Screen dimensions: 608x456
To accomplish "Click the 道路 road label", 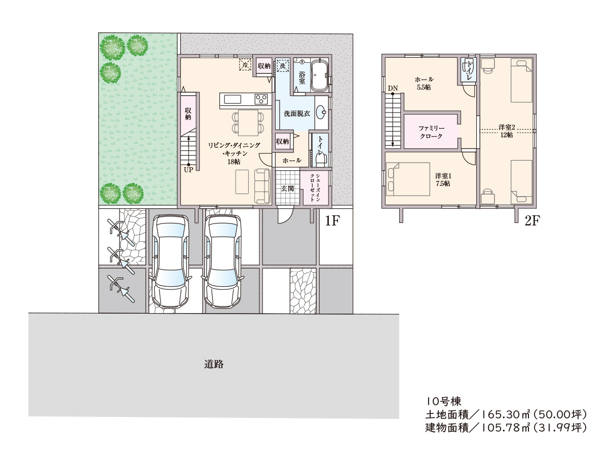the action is (214, 364).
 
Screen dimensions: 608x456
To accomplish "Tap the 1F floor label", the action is (332, 221).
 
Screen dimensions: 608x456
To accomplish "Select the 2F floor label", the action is (532, 221).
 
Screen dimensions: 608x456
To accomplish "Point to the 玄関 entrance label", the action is (287, 188).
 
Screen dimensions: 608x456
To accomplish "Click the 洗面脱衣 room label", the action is (297, 113).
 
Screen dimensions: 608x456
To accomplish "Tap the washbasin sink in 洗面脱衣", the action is (321, 112).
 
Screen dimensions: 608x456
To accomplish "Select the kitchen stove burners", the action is (261, 99).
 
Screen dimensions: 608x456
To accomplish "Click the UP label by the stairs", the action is (188, 170).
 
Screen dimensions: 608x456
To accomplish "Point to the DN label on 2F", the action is (393, 88).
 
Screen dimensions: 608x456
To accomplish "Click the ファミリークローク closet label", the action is (431, 132).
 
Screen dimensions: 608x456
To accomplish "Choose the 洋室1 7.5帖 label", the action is (443, 179).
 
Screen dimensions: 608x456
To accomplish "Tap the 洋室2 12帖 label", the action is (507, 131).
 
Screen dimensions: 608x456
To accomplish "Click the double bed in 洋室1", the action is (408, 179).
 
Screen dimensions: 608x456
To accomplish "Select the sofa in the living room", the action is (262, 186).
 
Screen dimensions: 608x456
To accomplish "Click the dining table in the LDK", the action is (248, 123).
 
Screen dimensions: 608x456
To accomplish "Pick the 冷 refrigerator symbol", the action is (245, 65).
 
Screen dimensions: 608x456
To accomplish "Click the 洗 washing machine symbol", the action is (282, 66).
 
